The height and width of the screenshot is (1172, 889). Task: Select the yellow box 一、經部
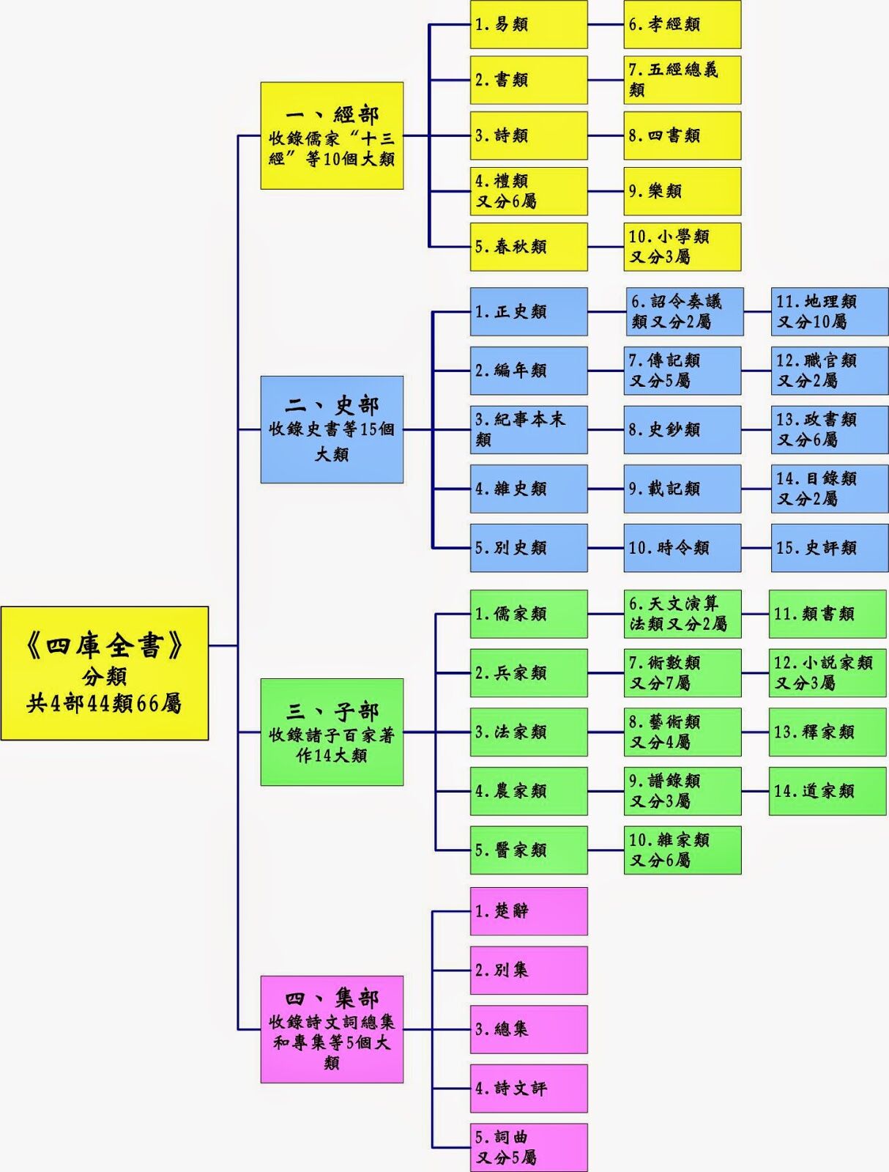(x=332, y=136)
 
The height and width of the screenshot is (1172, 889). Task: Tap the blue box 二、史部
(x=332, y=429)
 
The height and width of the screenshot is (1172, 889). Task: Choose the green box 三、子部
(x=332, y=732)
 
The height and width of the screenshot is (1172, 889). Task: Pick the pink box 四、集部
(x=332, y=1029)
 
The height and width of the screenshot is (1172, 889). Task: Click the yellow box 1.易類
(x=528, y=24)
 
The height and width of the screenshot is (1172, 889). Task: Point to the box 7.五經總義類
(x=682, y=80)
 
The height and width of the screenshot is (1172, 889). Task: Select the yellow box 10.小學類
(x=682, y=247)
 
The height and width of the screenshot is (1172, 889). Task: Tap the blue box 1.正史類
(x=528, y=311)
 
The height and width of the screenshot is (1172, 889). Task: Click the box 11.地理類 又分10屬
(x=829, y=311)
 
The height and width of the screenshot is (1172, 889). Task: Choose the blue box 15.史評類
(x=829, y=547)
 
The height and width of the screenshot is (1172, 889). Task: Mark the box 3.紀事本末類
(x=528, y=429)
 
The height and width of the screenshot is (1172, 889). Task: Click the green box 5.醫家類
(x=528, y=850)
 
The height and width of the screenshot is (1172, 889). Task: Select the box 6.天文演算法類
(x=682, y=614)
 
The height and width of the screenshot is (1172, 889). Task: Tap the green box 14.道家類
(x=827, y=791)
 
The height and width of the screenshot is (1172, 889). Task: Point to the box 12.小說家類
(x=827, y=672)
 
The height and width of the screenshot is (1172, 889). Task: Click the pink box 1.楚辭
(x=528, y=911)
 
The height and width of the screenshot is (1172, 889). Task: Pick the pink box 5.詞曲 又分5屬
(x=528, y=1147)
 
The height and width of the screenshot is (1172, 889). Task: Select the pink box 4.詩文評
(x=528, y=1088)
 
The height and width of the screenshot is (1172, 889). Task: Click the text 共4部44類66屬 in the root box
(x=104, y=704)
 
